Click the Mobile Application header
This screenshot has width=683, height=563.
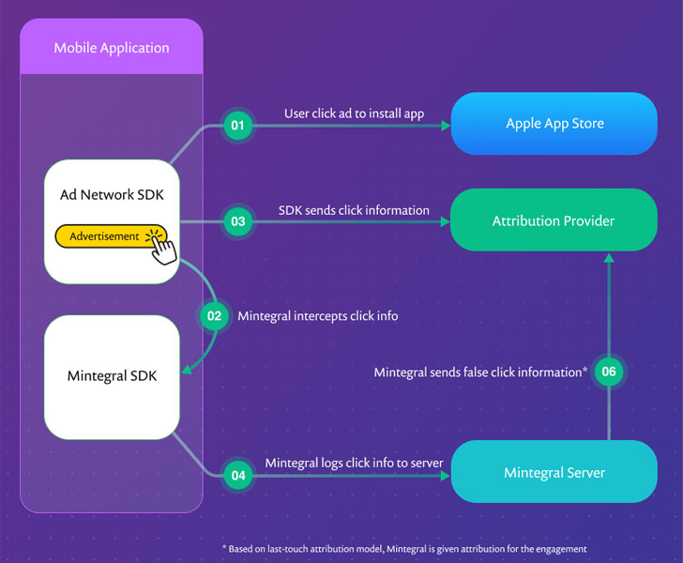tap(112, 48)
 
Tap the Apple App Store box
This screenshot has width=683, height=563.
tap(554, 124)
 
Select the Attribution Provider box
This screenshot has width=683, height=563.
tap(554, 221)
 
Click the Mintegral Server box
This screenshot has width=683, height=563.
tap(554, 472)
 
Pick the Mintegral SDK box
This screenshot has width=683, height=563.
tap(112, 376)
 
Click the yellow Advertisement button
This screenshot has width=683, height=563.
tap(105, 236)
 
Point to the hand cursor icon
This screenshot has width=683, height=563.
tap(163, 248)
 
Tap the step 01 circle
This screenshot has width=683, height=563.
tap(238, 125)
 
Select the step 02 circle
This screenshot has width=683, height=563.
tap(214, 316)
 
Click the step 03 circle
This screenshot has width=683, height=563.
tap(238, 222)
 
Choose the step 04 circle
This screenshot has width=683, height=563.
tap(238, 476)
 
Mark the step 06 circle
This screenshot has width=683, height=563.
tap(609, 373)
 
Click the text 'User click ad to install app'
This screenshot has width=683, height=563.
tap(354, 114)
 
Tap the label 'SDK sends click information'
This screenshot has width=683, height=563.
tap(354, 210)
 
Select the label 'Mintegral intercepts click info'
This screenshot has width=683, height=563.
tap(317, 316)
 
